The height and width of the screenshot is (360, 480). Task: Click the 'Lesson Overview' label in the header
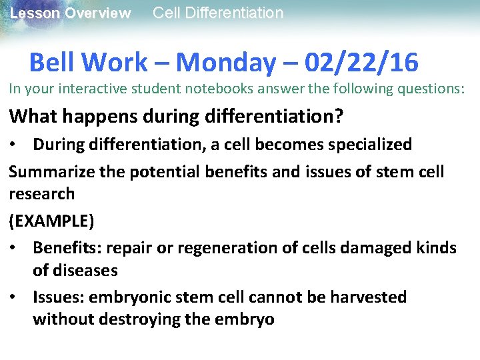tap(70, 13)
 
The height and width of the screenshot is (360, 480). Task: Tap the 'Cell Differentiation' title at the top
tap(218, 13)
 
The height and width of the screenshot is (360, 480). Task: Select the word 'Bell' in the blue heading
tap(54, 63)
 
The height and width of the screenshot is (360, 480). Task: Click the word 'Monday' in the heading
tap(225, 63)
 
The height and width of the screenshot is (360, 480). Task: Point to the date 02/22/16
tap(361, 63)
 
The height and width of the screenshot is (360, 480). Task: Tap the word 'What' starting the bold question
tap(29, 117)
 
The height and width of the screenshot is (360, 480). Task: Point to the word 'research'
tap(41, 194)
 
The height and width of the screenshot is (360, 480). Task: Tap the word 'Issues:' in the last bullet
tap(59, 297)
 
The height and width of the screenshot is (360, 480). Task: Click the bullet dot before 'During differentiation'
tap(15, 145)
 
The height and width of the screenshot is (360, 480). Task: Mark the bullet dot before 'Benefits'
tap(15, 248)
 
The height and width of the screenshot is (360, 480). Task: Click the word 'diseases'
tap(85, 271)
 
